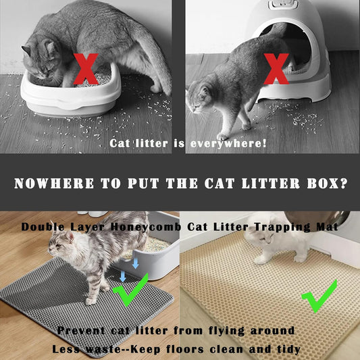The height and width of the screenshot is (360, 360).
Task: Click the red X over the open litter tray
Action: click(86, 69)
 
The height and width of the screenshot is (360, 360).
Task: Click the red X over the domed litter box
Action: click(276, 69)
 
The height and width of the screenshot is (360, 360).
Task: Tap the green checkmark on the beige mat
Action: click(320, 297)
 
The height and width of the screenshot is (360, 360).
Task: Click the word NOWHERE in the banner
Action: click(54, 184)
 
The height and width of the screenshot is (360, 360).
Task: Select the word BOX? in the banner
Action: click(327, 184)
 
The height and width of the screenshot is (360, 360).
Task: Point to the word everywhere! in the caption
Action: click(228, 143)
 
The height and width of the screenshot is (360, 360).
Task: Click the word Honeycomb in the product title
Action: click(146, 227)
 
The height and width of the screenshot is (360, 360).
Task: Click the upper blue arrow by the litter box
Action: click(136, 263)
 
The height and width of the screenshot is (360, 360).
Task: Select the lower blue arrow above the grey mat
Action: click(123, 276)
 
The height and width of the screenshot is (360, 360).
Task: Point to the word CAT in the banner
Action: click(220, 184)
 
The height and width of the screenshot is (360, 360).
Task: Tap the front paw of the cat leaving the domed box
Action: click(222, 137)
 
